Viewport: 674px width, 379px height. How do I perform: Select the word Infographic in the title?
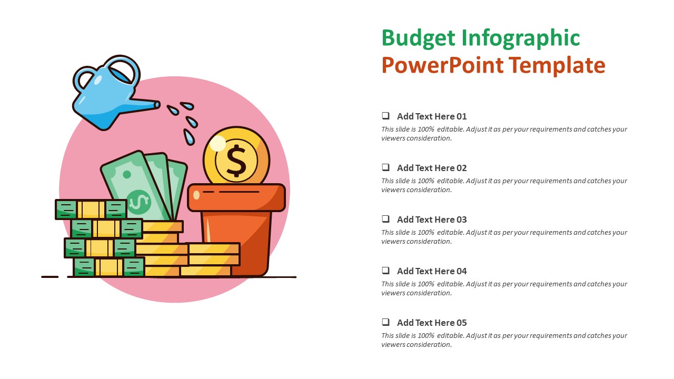coord(521,38)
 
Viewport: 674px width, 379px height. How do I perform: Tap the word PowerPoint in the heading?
coord(443,66)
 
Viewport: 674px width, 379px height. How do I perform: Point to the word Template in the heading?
coord(558,66)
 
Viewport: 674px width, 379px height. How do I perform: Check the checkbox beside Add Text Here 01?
coord(386,116)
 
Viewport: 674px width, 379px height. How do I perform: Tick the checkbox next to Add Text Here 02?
coord(386,167)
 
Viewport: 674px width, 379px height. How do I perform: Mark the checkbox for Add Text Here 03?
coord(386,219)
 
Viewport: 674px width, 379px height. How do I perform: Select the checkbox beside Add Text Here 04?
coord(386,271)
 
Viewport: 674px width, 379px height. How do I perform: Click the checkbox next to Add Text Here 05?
coord(386,322)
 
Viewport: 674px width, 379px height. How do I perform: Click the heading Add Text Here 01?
coord(432,116)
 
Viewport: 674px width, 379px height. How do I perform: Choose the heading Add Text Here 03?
coord(432,220)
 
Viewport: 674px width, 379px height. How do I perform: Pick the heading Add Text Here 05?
coord(432,323)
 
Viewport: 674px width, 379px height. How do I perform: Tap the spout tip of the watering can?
coord(157,105)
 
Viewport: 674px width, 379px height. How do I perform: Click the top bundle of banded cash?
coord(91,209)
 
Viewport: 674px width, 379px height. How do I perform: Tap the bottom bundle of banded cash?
coord(108,267)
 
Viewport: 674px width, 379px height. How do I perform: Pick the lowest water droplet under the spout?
coord(189,137)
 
